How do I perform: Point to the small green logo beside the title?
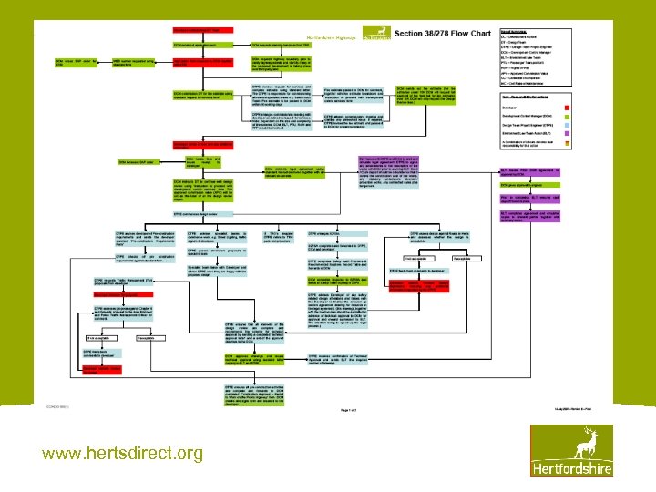pos(374,34)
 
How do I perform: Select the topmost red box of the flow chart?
pos(202,31)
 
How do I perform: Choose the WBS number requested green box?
pos(134,61)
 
